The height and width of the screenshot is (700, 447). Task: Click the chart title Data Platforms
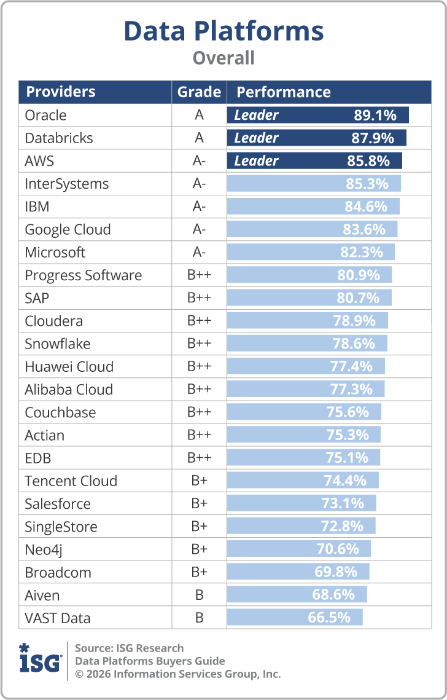tap(223, 31)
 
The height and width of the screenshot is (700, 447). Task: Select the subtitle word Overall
tap(223, 58)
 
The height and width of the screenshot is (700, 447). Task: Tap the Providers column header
tap(61, 92)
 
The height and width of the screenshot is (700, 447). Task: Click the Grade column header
tap(199, 92)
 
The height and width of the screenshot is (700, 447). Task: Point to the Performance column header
tap(284, 92)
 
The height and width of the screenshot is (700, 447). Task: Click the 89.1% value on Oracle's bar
tap(375, 115)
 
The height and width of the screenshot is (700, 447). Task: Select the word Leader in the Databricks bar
tap(256, 138)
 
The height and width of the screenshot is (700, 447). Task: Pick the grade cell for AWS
tap(199, 161)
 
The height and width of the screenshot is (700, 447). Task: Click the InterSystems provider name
tap(66, 184)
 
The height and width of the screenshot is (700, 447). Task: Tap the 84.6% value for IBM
tap(366, 206)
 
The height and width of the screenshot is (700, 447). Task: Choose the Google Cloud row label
tap(68, 230)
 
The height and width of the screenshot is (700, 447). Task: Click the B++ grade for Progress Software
tap(199, 275)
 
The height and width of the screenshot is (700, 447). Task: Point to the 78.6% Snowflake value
tap(354, 344)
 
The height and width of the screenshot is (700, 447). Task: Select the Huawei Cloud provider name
tap(69, 367)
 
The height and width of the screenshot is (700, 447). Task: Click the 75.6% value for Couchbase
tap(348, 412)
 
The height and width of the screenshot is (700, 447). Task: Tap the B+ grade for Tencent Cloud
tap(199, 481)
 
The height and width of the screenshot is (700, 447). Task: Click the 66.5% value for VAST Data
tap(329, 618)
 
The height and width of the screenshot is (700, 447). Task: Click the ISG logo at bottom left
tap(40, 660)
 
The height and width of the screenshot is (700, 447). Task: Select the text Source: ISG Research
tap(129, 648)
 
